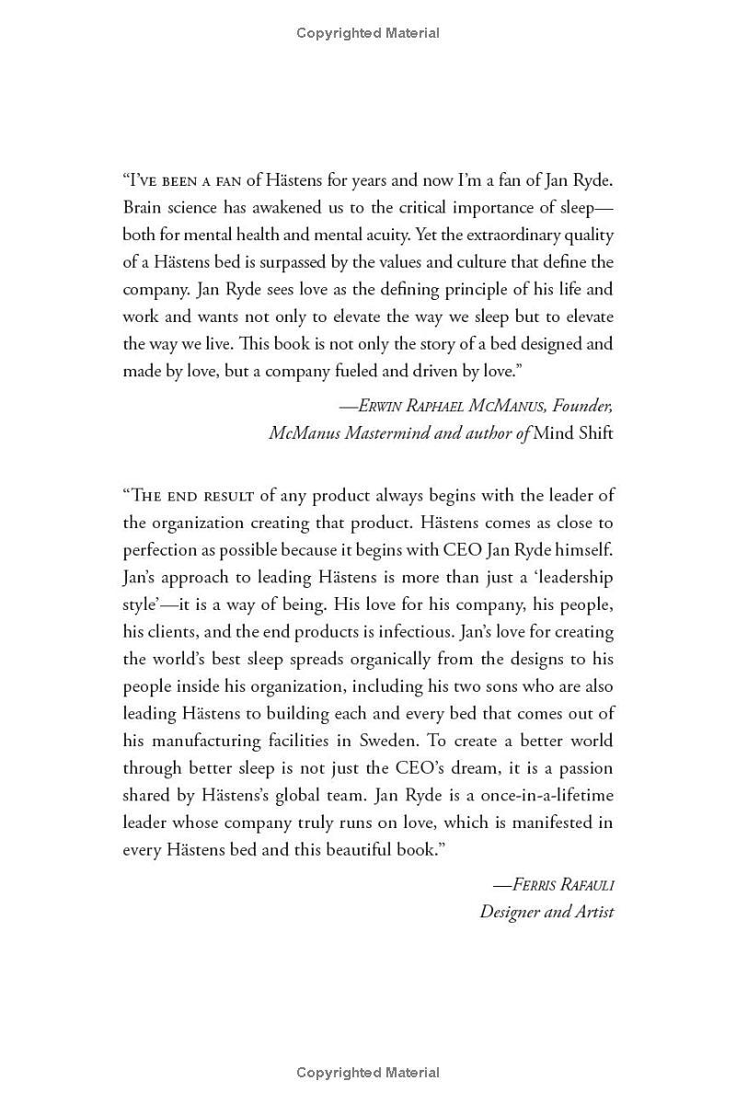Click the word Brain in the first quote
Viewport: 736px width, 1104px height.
[144, 207]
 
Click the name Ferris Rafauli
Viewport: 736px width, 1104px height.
[554, 885]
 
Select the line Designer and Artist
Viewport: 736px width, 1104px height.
[546, 913]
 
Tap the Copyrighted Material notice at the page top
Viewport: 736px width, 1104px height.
[368, 33]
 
